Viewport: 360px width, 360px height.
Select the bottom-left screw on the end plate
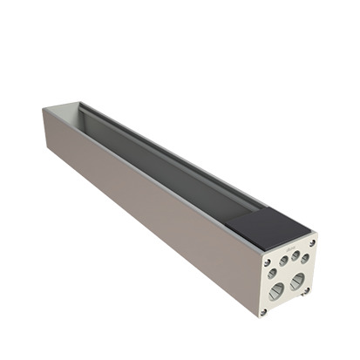point(263,310)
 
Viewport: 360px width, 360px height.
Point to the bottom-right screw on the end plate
point(307,291)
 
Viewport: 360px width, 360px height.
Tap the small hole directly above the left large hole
point(273,273)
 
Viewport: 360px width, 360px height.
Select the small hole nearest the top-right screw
point(304,258)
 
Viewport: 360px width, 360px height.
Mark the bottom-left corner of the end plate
point(260,316)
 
